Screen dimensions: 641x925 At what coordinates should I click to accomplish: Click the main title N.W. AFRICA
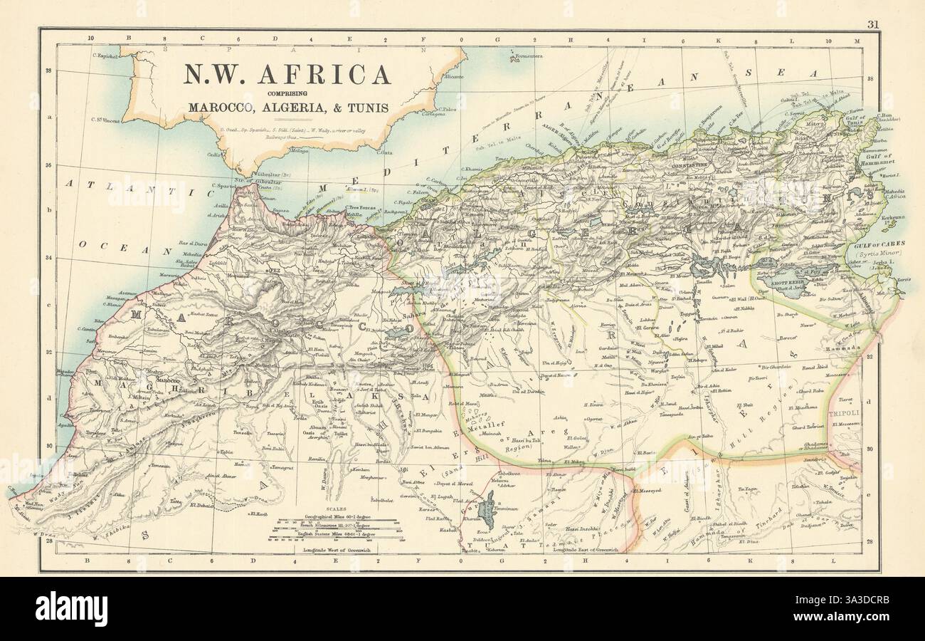point(288,75)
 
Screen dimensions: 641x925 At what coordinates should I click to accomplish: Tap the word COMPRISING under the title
point(287,94)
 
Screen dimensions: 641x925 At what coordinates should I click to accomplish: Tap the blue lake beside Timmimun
point(488,511)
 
